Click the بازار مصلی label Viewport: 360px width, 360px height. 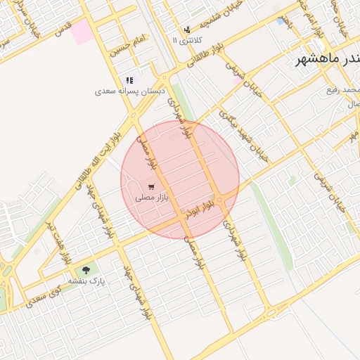point(149,198)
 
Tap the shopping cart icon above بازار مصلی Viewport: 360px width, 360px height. point(151,186)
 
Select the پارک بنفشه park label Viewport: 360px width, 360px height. point(86,281)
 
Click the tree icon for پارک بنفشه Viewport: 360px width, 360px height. point(86,269)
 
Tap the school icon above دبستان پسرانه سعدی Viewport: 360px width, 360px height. point(129,80)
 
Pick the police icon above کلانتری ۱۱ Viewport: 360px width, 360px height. point(186,30)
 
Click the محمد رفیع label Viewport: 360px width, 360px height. point(342,90)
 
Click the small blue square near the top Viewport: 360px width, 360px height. point(281,22)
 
